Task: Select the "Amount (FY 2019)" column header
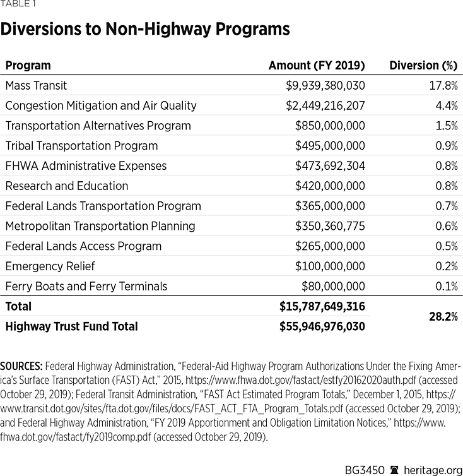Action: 316,66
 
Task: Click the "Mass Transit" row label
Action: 36,85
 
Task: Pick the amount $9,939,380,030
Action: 325,85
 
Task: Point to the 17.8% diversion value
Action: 442,85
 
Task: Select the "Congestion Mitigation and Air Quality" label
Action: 101,105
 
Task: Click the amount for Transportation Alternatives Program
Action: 330,126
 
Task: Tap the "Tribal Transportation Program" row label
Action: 81,146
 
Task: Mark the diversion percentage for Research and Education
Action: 445,186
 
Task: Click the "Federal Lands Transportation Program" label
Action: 103,206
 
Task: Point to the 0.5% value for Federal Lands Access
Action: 445,246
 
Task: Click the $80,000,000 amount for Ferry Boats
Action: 333,287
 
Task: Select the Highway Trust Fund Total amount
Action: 322,327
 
